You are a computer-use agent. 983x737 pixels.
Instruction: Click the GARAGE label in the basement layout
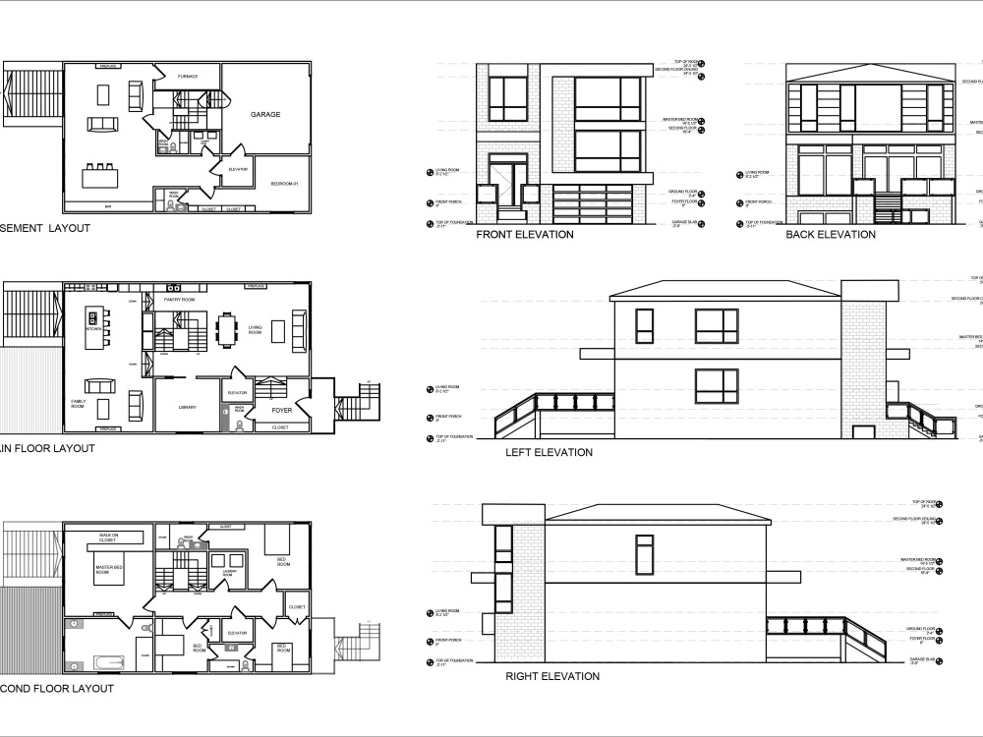click(265, 115)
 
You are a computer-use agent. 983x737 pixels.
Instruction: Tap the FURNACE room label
click(188, 77)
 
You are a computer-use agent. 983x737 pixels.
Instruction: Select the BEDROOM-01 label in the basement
click(285, 184)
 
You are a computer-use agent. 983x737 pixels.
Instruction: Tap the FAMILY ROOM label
click(78, 405)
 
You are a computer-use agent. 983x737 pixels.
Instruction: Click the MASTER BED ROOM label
click(108, 569)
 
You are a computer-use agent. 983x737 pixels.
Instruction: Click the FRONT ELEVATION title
click(524, 235)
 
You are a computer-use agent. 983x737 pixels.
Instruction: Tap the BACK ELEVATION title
click(830, 235)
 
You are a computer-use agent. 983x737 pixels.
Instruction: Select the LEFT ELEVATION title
click(549, 453)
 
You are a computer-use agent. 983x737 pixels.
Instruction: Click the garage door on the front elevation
click(595, 205)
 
